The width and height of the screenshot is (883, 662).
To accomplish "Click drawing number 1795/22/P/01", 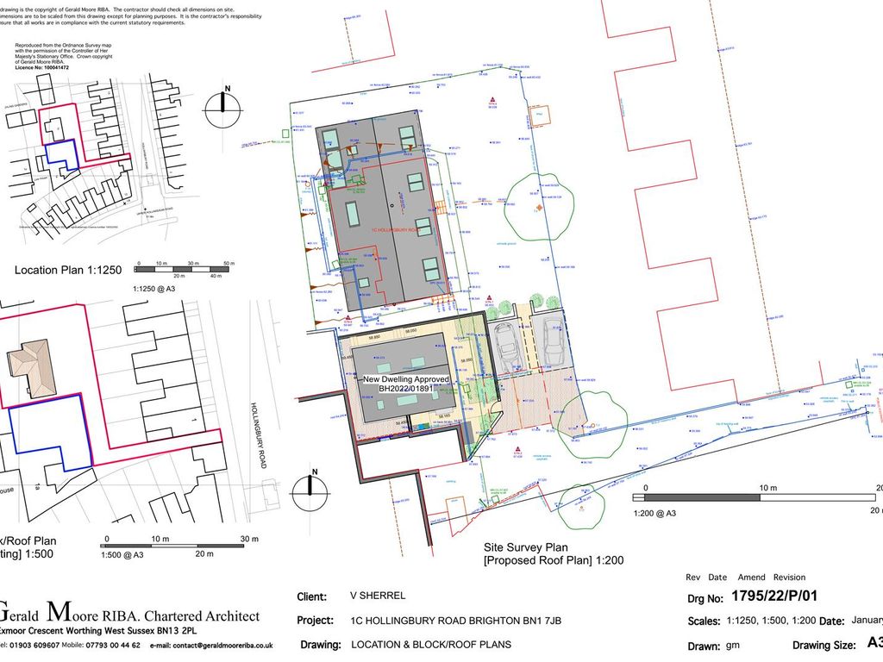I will click(774, 595).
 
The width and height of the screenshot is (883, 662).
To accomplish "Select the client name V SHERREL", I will click(377, 596).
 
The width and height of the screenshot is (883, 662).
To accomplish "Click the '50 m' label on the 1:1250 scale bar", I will click(229, 261).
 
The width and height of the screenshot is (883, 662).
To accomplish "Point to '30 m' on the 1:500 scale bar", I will click(249, 539).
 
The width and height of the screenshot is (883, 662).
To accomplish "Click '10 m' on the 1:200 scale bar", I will click(767, 488).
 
